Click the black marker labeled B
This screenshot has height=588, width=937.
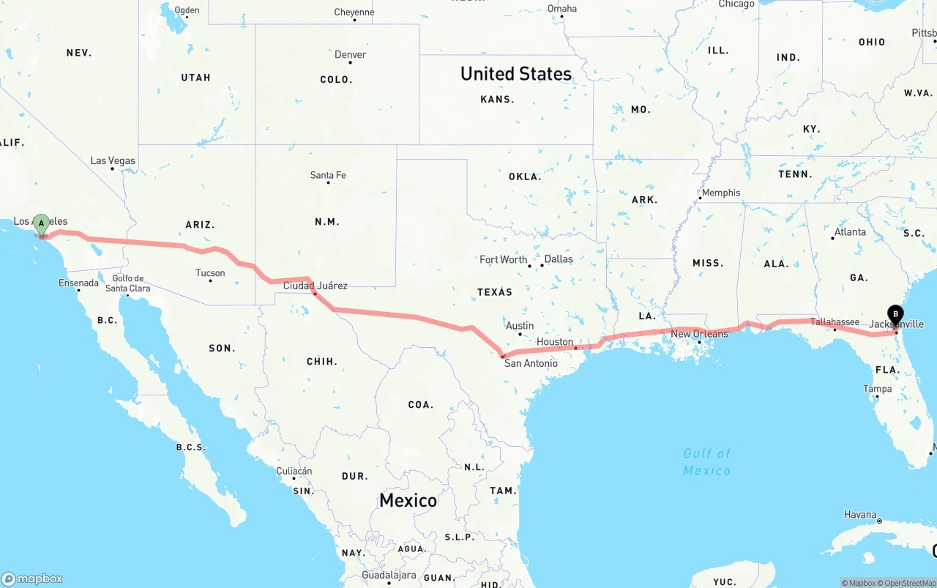(895, 315)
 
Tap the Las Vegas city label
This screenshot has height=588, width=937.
(113, 160)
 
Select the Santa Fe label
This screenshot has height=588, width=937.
(328, 175)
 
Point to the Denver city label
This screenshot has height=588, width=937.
(350, 55)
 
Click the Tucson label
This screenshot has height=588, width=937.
(210, 273)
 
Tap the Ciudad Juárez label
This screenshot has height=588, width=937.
(316, 286)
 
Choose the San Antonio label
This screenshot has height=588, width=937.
(531, 363)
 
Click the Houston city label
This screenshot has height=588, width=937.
(555, 342)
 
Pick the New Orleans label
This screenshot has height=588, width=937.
(700, 334)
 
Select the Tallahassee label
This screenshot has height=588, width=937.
(835, 322)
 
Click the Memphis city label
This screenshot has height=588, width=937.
(720, 193)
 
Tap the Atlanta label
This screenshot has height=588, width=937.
(850, 232)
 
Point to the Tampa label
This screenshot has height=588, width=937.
(877, 389)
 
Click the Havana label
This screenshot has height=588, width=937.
(860, 515)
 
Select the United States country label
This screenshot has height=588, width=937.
(516, 74)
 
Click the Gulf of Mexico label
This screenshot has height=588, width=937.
(707, 462)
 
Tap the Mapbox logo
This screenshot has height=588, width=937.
(32, 578)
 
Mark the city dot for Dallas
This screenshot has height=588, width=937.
(540, 266)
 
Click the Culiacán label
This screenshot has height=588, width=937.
(294, 471)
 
